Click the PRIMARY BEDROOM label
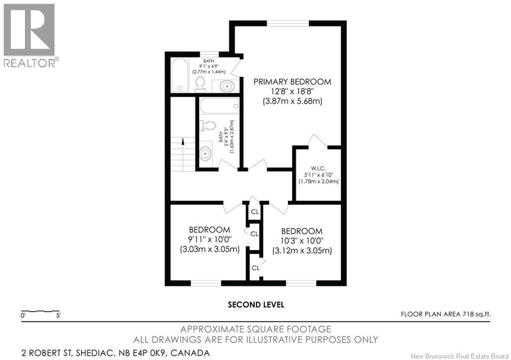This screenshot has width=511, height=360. [x=292, y=82]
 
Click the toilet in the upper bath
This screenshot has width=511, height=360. [x=200, y=84]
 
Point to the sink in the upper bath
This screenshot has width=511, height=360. [x=226, y=86]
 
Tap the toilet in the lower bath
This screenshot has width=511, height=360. [x=208, y=125]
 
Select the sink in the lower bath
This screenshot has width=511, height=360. [x=205, y=154]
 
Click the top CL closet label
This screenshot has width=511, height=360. [x=255, y=212]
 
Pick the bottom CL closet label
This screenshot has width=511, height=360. [x=255, y=268]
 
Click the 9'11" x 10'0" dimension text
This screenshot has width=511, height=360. [x=210, y=240]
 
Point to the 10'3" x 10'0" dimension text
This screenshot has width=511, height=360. [x=302, y=241]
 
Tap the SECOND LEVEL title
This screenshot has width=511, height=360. [x=256, y=305]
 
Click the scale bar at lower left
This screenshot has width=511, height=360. [x=40, y=311]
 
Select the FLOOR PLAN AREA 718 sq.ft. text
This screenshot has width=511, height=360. [x=446, y=315]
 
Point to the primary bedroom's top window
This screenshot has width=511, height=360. [x=288, y=23]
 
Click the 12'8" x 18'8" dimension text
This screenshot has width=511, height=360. [x=292, y=91]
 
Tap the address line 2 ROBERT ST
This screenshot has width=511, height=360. [x=115, y=353]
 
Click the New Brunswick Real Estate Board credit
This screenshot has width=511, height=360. [x=460, y=357]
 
